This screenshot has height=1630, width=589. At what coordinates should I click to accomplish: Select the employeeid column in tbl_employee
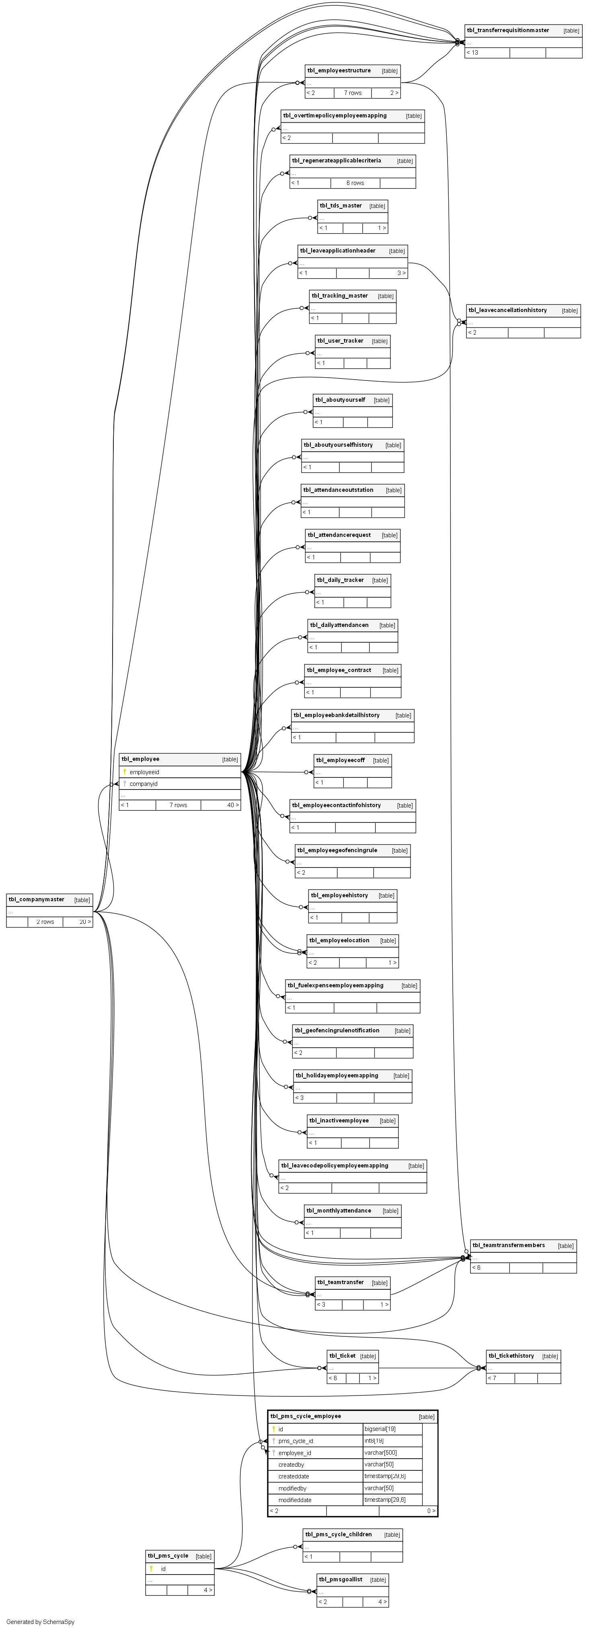[144, 772]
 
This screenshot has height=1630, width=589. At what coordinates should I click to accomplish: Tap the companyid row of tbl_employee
[144, 784]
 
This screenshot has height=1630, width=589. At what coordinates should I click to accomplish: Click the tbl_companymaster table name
[37, 900]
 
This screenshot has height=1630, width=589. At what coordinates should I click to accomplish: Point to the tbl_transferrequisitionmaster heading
[508, 31]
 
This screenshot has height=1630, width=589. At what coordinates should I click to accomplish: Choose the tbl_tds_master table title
[341, 206]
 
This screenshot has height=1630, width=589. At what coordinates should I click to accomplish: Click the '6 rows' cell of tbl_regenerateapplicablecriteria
[355, 183]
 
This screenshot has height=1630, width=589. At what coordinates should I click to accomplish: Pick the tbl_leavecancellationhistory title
[507, 310]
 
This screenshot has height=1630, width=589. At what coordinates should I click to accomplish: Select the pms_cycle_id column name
[296, 1441]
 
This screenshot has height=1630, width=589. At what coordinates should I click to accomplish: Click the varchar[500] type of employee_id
[380, 1453]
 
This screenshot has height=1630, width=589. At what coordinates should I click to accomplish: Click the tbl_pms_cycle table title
[168, 1555]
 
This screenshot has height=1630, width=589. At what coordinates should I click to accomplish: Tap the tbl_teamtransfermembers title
[509, 1245]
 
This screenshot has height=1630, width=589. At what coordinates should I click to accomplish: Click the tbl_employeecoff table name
[341, 760]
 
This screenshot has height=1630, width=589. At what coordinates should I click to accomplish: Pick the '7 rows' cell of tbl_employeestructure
[352, 93]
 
